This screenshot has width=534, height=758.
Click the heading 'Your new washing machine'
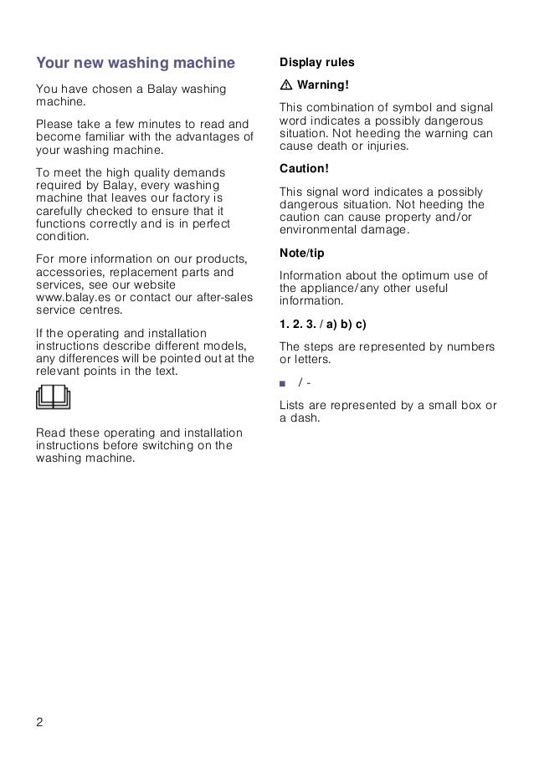136,63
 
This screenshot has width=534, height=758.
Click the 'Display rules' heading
317,63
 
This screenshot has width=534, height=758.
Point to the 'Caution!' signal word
304,168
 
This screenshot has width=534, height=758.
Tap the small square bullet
284,384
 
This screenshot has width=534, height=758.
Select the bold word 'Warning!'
323,85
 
